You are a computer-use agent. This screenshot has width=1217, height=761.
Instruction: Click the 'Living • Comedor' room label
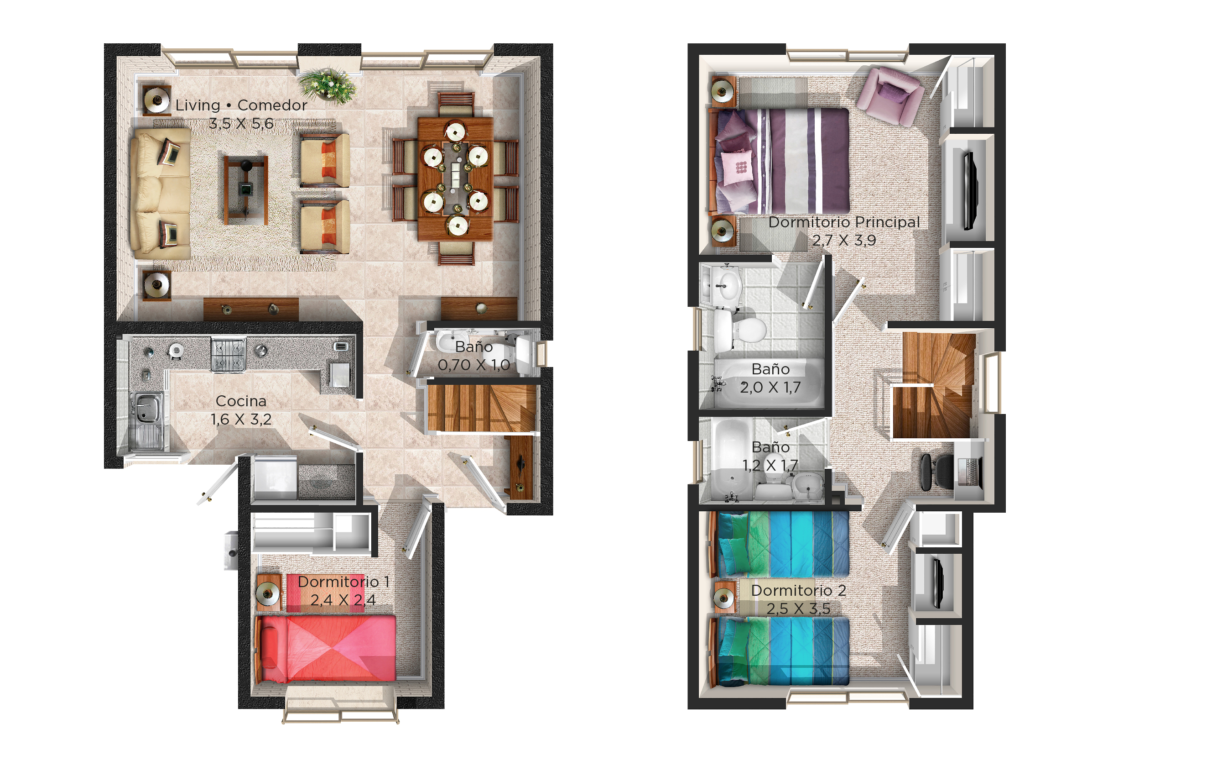(x=241, y=105)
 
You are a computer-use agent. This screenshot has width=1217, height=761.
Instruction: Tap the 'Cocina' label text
(x=241, y=401)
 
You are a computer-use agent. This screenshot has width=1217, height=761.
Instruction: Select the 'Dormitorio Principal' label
(x=844, y=222)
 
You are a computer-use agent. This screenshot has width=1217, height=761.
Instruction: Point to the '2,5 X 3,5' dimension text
(x=798, y=609)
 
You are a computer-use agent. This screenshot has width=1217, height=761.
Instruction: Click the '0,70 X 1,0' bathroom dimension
(x=474, y=365)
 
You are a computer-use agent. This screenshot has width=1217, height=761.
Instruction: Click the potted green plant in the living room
(x=328, y=84)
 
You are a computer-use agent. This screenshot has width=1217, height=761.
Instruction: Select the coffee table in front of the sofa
(x=246, y=190)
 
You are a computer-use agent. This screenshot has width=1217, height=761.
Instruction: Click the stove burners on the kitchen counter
(x=229, y=355)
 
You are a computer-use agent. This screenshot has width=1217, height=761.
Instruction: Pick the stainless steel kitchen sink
(x=146, y=421)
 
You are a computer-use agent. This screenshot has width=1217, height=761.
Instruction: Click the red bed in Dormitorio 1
(x=327, y=648)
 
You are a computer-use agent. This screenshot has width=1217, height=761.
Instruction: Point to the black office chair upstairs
(x=936, y=472)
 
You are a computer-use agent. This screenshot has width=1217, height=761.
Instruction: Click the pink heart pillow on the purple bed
(x=737, y=168)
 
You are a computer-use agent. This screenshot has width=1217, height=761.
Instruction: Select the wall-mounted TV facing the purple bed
(x=971, y=190)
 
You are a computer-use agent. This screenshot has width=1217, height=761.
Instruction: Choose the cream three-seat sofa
(x=161, y=193)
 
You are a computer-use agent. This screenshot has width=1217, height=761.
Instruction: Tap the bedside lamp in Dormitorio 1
(x=268, y=593)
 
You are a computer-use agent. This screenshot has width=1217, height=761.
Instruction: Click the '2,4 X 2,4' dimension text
(x=343, y=600)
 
